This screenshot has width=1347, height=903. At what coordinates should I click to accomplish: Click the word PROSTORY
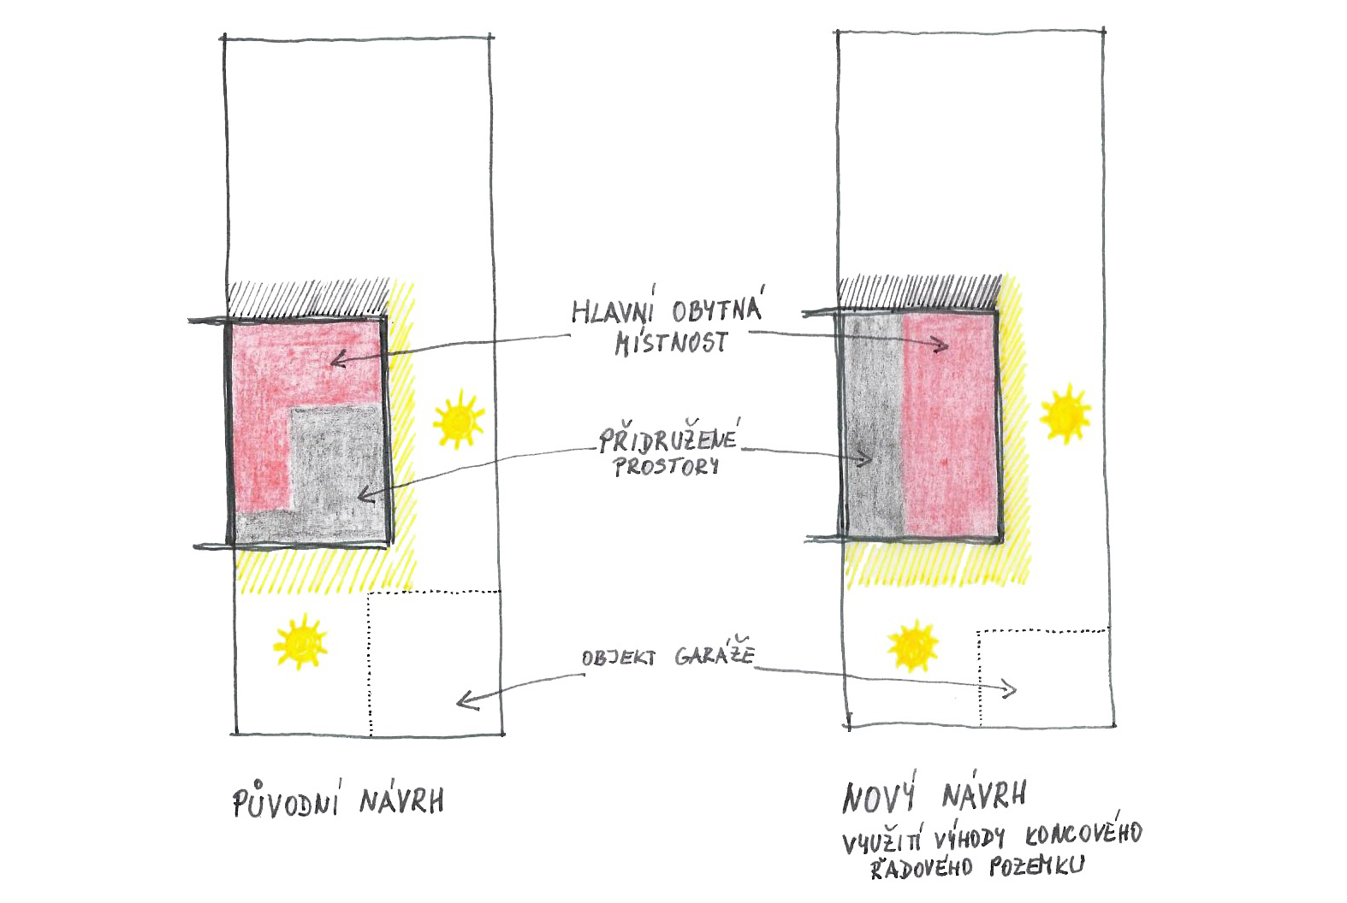666,466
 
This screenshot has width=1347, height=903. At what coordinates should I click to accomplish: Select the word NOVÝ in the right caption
879,797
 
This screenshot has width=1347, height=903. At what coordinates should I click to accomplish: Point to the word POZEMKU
1036,865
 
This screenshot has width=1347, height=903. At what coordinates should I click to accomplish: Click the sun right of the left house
459,419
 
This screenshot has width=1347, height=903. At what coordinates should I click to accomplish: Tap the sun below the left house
300,641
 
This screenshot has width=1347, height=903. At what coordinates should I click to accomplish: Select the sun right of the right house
1065,414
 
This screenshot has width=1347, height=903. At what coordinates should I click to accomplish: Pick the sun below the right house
913,646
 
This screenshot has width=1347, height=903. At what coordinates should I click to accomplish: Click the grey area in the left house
337,475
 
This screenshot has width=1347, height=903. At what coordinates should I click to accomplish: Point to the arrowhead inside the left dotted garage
466,700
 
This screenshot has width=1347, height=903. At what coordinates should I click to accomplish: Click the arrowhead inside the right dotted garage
1010,690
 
